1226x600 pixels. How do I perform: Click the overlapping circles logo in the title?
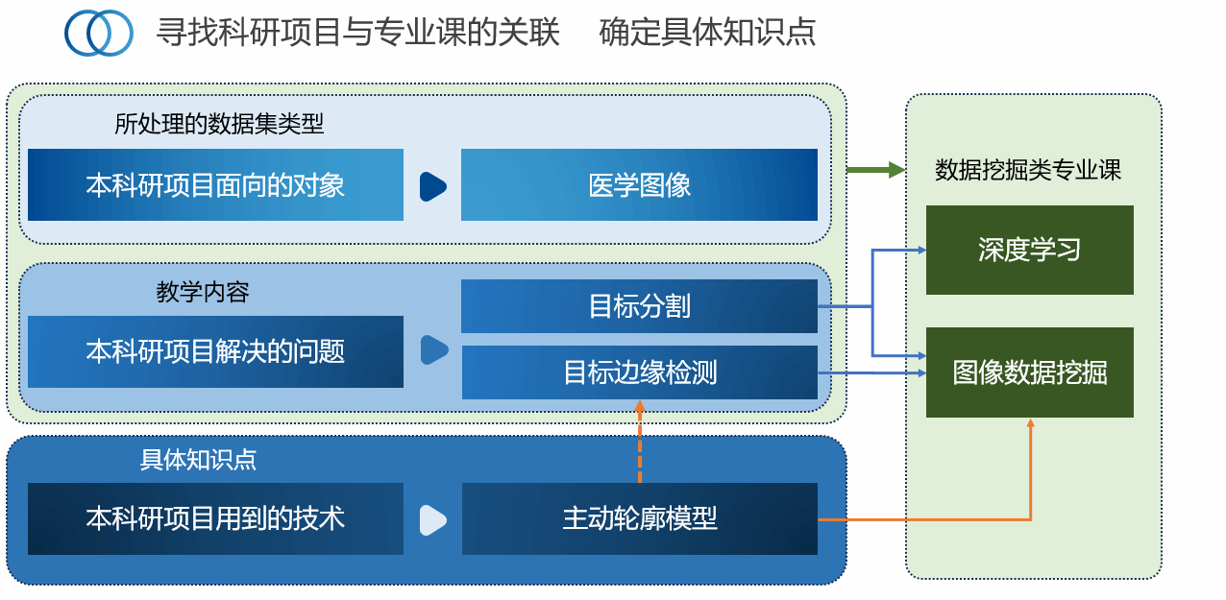99,34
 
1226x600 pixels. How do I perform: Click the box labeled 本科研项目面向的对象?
215,185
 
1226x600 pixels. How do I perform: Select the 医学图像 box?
639,185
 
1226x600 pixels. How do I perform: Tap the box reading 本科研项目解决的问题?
215,352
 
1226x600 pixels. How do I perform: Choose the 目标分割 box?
639,307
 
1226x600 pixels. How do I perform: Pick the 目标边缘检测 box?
639,372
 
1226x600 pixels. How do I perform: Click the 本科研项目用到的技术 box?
215,519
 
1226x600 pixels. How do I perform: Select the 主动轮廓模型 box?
639,519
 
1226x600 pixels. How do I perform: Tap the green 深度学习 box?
1029,251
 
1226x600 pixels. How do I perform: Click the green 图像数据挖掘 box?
1029,372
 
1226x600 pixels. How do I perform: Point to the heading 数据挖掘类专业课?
1028,171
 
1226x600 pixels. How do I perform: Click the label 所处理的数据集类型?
219,124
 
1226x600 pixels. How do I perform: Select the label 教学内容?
203,292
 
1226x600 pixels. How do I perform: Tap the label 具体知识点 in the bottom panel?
198,460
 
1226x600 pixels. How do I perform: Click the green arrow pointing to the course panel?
875,171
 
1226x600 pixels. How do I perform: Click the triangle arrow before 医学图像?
432,185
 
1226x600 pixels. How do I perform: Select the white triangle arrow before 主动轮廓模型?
432,519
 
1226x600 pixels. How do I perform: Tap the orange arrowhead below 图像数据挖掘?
1030,424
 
